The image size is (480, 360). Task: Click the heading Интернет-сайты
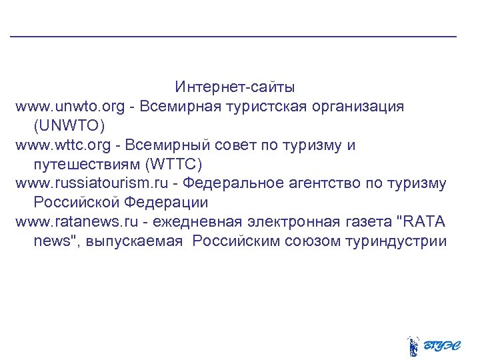click(235, 87)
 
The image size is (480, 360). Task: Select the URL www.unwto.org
click(69, 107)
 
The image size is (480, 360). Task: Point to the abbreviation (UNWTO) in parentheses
click(69, 125)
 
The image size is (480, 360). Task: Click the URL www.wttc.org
click(61, 145)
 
